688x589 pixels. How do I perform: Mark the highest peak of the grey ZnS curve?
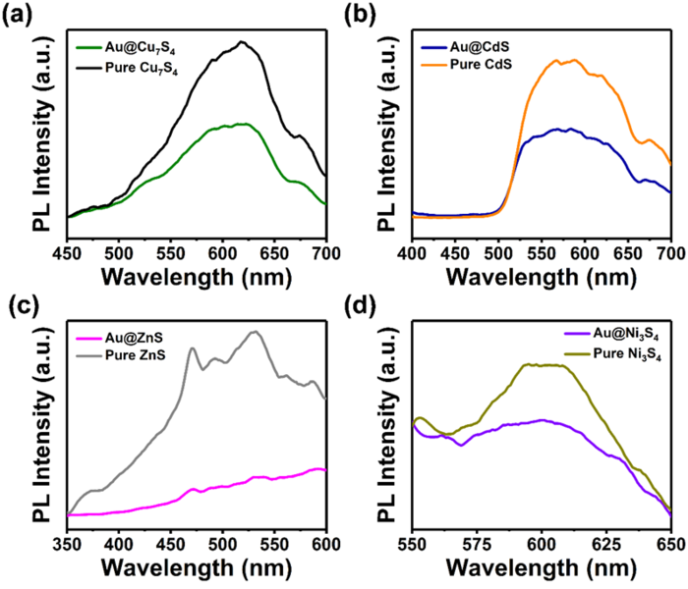(x=256, y=332)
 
